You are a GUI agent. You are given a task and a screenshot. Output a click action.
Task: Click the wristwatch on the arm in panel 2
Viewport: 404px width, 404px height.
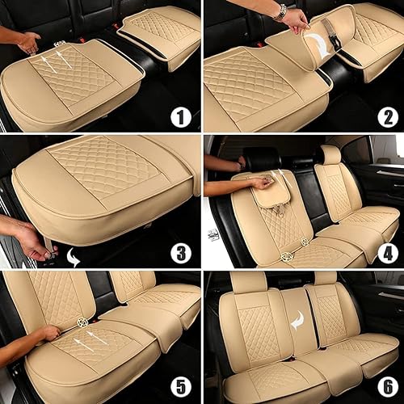(280, 11)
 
